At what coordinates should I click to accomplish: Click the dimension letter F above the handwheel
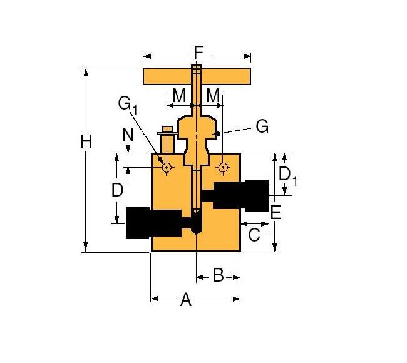198,53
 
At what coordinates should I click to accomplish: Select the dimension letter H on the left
86,142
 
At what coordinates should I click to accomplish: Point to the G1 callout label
127,104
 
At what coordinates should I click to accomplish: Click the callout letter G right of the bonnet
262,126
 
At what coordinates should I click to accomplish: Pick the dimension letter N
128,134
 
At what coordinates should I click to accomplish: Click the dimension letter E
275,212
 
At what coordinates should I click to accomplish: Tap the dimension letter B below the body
218,275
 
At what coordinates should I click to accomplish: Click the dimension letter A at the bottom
185,300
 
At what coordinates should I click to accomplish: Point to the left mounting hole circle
167,167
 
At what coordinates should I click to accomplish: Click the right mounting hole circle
223,167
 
